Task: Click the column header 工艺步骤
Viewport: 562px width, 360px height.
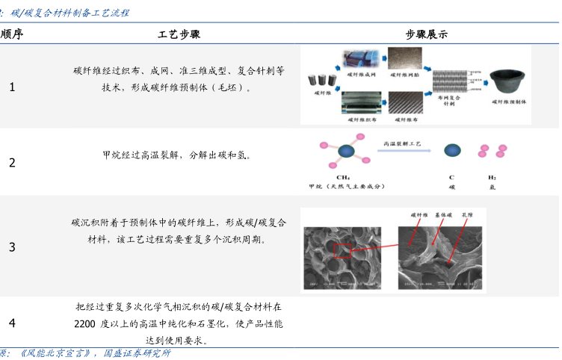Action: pyautogui.click(x=179, y=34)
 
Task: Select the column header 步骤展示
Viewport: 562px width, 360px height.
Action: pyautogui.click(x=427, y=34)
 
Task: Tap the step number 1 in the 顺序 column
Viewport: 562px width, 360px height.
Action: pyautogui.click(x=12, y=87)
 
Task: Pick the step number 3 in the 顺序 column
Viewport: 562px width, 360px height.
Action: pyautogui.click(x=12, y=247)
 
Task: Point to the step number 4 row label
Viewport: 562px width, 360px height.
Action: pyautogui.click(x=12, y=323)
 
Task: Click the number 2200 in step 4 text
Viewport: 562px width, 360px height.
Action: pyautogui.click(x=84, y=323)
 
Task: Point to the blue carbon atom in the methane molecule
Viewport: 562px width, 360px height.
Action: pyautogui.click(x=345, y=152)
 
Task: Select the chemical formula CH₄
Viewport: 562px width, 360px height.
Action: pyautogui.click(x=345, y=178)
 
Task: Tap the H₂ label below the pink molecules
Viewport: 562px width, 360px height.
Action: pyautogui.click(x=492, y=178)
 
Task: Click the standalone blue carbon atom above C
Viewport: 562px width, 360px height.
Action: pyautogui.click(x=451, y=151)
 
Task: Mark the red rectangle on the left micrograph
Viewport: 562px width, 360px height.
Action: pyautogui.click(x=342, y=252)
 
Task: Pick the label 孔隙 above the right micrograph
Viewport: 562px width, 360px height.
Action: pyautogui.click(x=469, y=214)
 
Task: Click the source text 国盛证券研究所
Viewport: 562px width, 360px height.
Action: pyautogui.click(x=137, y=353)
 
